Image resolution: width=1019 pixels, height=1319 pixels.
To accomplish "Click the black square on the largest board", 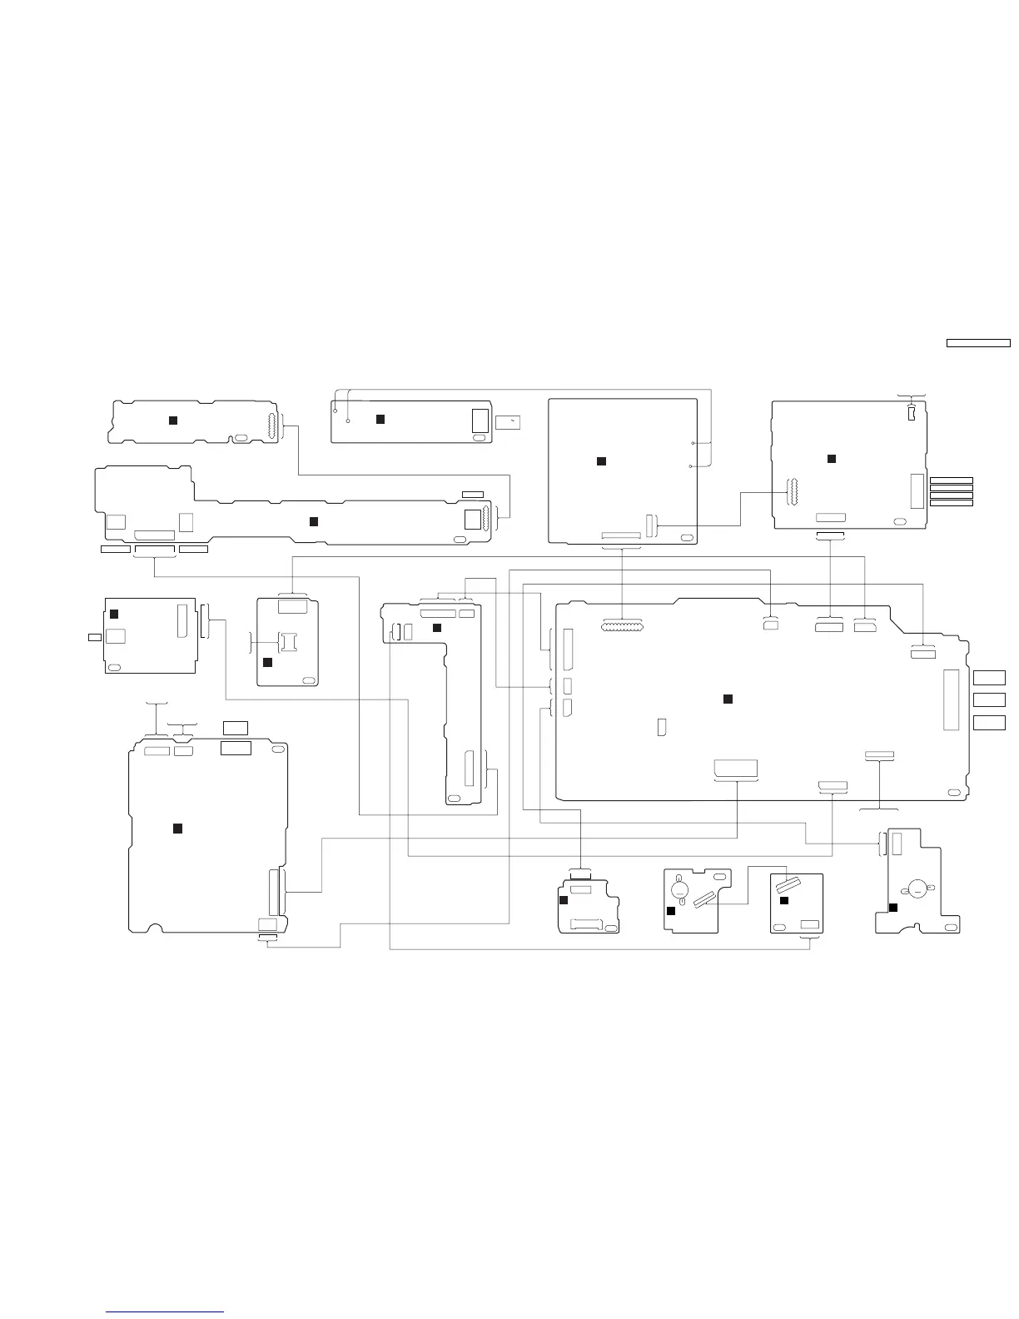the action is pyautogui.click(x=727, y=698).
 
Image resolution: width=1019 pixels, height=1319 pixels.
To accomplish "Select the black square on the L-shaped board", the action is pyautogui.click(x=436, y=627).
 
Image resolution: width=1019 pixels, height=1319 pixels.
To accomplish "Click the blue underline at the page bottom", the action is pyautogui.click(x=165, y=1312).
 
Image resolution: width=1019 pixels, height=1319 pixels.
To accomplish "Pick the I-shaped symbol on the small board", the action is pyautogui.click(x=288, y=641).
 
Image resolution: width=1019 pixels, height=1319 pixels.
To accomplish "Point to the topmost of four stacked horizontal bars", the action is pyautogui.click(x=951, y=480).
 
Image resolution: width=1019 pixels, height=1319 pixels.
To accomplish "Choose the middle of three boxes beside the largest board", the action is pyautogui.click(x=989, y=699).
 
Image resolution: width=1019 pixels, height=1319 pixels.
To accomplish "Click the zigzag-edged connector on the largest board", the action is pyautogui.click(x=621, y=625).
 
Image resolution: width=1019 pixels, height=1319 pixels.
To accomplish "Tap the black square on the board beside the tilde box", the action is pyautogui.click(x=380, y=418).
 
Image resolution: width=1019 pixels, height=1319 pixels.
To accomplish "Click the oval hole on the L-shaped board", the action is pyautogui.click(x=453, y=799).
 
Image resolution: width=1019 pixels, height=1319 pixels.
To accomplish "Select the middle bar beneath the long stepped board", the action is pyautogui.click(x=154, y=550).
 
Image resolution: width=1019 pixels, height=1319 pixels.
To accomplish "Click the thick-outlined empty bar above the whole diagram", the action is pyautogui.click(x=978, y=342).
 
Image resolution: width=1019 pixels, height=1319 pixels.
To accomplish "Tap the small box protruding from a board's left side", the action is pyautogui.click(x=95, y=637).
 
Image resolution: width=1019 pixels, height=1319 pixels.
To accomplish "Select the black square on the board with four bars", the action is pyautogui.click(x=831, y=459).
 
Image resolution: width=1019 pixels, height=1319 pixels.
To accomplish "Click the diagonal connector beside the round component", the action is pyautogui.click(x=705, y=897).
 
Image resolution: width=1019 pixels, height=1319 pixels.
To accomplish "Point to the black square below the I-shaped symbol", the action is pyautogui.click(x=267, y=662).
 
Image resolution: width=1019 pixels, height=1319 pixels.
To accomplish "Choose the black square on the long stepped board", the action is pyautogui.click(x=313, y=521).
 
